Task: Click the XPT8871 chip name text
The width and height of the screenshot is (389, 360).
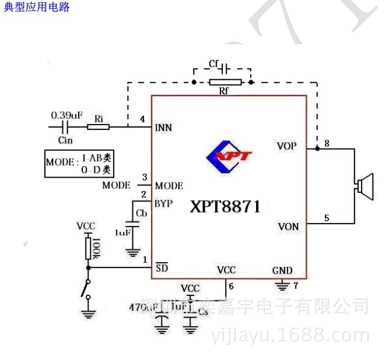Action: [x=225, y=207]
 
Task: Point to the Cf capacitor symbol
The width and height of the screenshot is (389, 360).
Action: [x=223, y=68]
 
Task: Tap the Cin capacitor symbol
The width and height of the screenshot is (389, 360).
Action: [x=66, y=126]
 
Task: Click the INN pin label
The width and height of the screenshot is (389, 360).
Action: [x=164, y=128]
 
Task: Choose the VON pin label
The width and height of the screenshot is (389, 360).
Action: [x=288, y=227]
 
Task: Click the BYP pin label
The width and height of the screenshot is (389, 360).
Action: [x=163, y=203]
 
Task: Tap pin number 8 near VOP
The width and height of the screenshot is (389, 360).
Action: [x=327, y=143]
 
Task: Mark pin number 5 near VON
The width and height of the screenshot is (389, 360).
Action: [x=327, y=218]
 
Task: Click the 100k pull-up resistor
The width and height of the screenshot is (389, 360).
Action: [x=89, y=248]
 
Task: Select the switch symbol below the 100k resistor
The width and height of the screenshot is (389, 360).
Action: [x=87, y=288]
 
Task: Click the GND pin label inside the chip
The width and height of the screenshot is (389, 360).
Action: [x=282, y=271]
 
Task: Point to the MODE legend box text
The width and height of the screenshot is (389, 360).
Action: [x=79, y=164]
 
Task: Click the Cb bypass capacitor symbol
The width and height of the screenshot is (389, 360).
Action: [x=134, y=222]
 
